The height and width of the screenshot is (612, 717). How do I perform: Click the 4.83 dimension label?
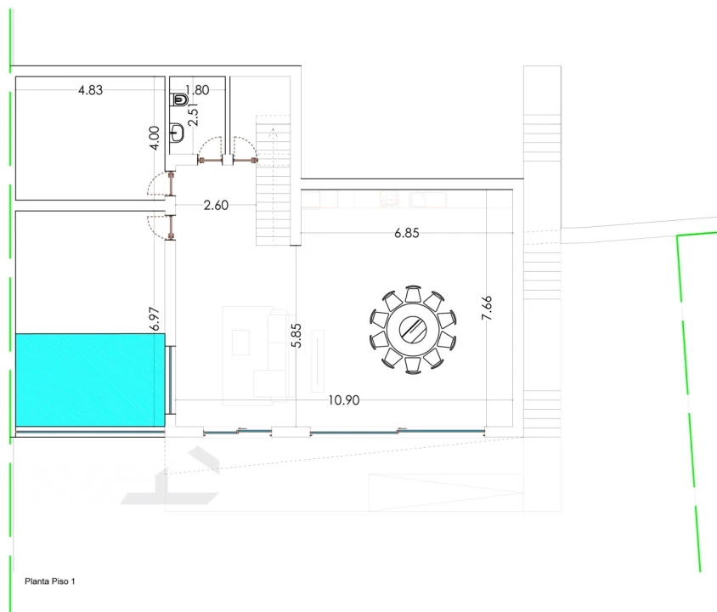coord(91,90)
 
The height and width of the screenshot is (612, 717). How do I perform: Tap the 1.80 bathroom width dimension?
coord(197,89)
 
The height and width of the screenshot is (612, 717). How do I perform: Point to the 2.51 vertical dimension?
coord(193,114)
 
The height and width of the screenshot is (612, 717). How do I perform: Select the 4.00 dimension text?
coord(155,138)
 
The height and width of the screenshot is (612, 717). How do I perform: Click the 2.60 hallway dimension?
coord(216,205)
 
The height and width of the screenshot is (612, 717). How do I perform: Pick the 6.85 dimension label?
coord(407,233)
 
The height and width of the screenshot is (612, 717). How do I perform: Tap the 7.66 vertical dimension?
coord(487,308)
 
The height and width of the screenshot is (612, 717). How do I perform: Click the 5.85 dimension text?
coord(296,335)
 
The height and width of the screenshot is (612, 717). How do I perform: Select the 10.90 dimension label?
coord(344,400)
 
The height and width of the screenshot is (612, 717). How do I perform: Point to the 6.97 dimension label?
coord(155,319)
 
